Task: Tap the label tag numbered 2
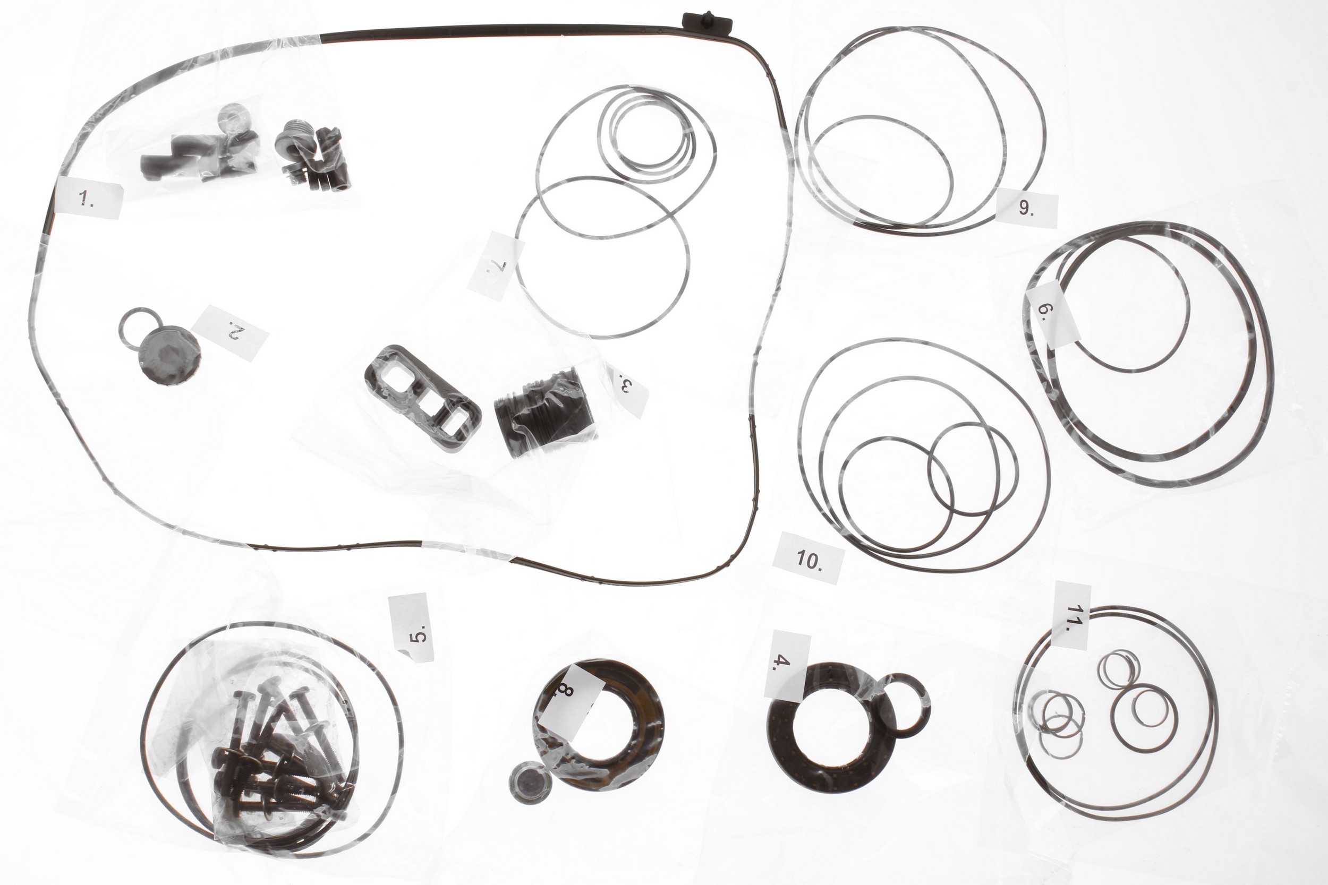230,332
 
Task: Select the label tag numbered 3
626,387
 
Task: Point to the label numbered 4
787,666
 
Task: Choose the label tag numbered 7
496,265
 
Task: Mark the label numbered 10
810,558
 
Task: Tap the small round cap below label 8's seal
531,781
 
